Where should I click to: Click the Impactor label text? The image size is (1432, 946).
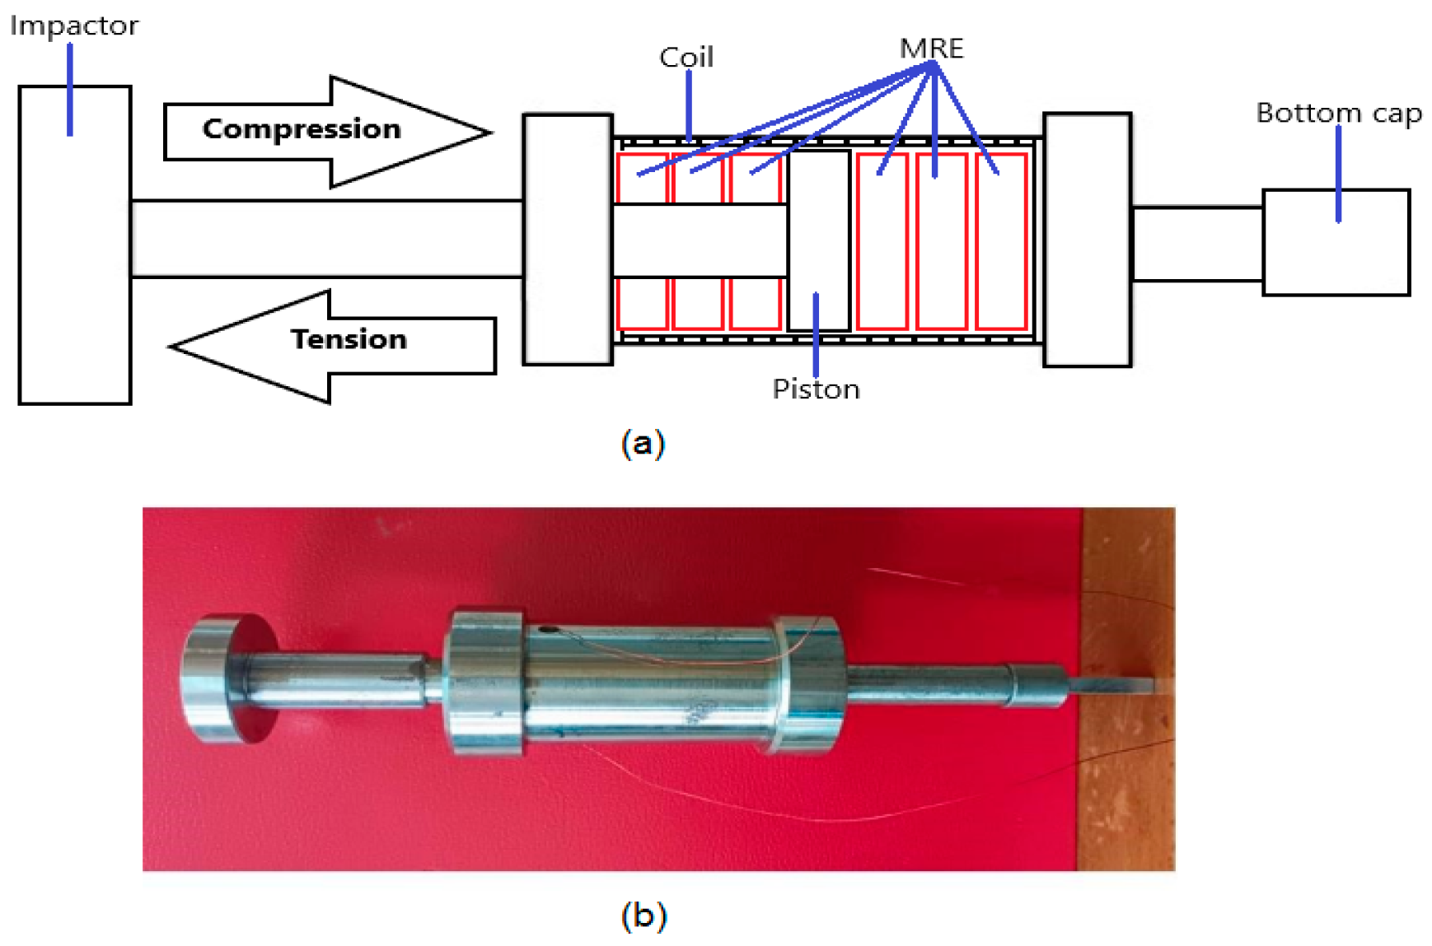point(74,26)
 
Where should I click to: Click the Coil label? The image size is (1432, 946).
point(686,58)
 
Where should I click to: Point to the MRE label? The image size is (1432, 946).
point(931,49)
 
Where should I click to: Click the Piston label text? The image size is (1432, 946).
point(816,389)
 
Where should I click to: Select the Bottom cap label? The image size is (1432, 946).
point(1339,113)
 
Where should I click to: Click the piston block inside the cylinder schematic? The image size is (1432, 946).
point(818,239)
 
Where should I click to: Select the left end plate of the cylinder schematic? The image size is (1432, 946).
point(568,239)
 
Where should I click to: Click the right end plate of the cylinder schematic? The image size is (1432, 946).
point(1087,239)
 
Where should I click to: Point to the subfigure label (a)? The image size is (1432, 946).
point(643,443)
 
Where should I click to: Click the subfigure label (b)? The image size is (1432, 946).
point(643,916)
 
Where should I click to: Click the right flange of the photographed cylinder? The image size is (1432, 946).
point(807,683)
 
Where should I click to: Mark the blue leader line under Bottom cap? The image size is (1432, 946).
point(1338,173)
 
